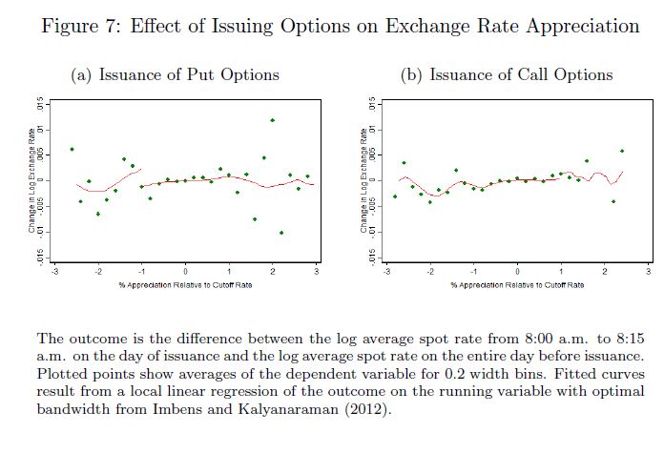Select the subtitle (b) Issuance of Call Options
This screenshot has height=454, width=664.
pyautogui.click(x=507, y=74)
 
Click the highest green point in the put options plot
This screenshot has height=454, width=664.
pyautogui.click(x=273, y=120)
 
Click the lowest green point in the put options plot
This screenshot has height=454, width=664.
pyautogui.click(x=281, y=233)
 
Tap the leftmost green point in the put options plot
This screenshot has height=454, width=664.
pyautogui.click(x=72, y=149)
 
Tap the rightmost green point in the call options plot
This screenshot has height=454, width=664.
pyautogui.click(x=622, y=151)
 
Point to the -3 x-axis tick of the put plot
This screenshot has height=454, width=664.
pyautogui.click(x=55, y=272)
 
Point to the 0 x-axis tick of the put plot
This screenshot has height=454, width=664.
pyautogui.click(x=186, y=272)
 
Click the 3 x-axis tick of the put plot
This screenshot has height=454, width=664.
pyautogui.click(x=316, y=272)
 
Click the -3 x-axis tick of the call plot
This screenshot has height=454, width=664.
pyautogui.click(x=386, y=272)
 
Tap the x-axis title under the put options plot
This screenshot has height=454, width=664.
pyautogui.click(x=186, y=284)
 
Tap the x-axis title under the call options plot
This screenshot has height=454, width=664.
pyautogui.click(x=517, y=284)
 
